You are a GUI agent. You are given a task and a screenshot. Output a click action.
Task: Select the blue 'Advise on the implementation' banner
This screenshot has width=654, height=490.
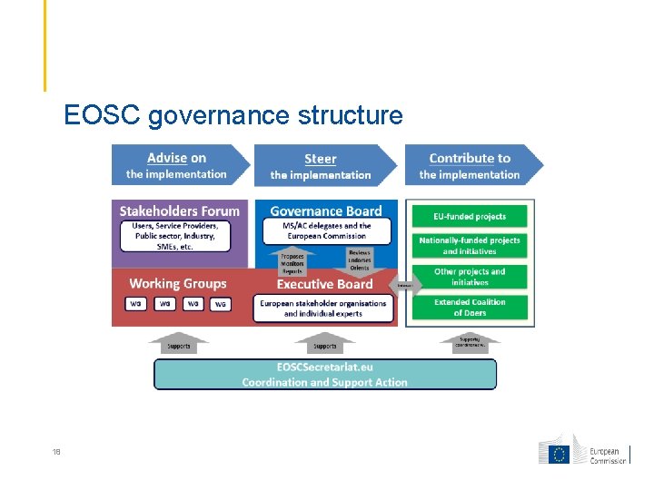(178, 165)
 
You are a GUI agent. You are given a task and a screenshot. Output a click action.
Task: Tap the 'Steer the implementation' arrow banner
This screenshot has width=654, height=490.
(323, 166)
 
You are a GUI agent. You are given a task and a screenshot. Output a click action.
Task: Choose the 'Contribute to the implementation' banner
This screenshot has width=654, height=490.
(471, 165)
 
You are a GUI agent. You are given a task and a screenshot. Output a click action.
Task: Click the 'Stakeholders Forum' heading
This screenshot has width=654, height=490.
(180, 211)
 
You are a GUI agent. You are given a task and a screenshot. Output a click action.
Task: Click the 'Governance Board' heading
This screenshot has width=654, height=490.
(326, 211)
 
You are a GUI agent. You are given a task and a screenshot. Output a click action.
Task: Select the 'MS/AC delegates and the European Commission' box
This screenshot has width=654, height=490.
(326, 230)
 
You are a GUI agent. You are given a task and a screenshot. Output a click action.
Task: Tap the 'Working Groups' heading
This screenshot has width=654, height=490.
(178, 283)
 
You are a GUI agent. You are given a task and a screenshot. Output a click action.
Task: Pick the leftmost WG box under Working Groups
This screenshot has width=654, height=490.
(136, 304)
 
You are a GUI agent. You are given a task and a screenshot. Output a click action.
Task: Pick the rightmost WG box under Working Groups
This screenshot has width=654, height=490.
(220, 304)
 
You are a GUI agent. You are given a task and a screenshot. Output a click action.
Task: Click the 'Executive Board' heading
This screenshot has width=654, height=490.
(324, 284)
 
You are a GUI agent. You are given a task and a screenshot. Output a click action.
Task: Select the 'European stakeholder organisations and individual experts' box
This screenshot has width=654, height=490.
(323, 309)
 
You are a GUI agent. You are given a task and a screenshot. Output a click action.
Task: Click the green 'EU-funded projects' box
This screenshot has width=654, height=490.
(470, 217)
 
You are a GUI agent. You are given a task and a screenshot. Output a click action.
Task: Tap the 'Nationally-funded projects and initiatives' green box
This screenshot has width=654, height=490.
(470, 245)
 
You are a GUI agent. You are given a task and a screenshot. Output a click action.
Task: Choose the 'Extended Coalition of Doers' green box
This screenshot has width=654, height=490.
(470, 308)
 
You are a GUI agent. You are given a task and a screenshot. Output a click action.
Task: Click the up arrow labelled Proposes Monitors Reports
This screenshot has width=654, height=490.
(292, 262)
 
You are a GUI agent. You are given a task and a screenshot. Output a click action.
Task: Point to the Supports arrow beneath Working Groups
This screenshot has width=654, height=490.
(179, 343)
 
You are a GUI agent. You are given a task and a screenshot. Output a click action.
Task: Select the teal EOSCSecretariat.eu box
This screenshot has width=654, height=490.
(325, 374)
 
